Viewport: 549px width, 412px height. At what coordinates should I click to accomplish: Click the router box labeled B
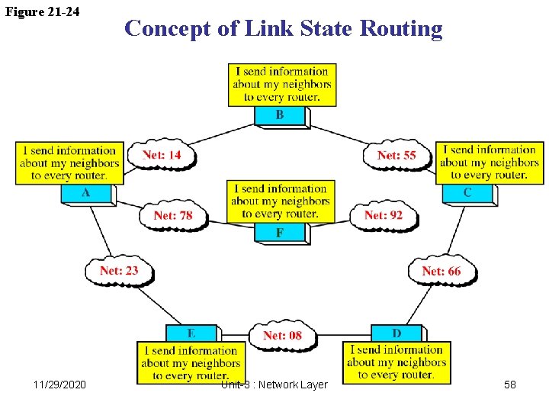pyautogui.click(x=280, y=116)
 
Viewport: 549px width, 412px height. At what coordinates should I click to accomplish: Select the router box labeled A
pyautogui.click(x=86, y=194)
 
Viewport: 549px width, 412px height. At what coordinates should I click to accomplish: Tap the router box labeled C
pyautogui.click(x=467, y=193)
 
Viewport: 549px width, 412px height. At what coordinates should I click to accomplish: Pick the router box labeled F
pyautogui.click(x=280, y=232)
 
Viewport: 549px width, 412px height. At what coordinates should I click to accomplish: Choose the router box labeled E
pyautogui.click(x=191, y=333)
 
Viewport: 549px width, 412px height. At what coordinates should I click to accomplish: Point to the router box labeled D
pyautogui.click(x=396, y=333)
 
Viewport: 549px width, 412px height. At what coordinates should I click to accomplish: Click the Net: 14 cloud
pyautogui.click(x=162, y=155)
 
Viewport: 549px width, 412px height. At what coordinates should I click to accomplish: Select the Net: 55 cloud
pyautogui.click(x=396, y=155)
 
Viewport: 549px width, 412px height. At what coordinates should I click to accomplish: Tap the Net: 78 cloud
pyautogui.click(x=173, y=215)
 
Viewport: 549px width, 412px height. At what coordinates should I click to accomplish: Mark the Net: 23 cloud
pyautogui.click(x=119, y=270)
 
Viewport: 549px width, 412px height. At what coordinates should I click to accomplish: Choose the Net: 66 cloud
pyautogui.click(x=441, y=271)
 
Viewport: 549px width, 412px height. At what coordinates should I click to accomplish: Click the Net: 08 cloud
pyautogui.click(x=282, y=335)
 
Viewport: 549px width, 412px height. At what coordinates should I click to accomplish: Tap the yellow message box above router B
pyautogui.click(x=280, y=85)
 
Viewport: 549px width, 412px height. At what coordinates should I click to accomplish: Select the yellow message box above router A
pyautogui.click(x=69, y=163)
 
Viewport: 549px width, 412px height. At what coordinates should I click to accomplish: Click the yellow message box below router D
pyautogui.click(x=396, y=362)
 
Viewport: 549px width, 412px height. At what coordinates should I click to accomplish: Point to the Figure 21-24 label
pyautogui.click(x=43, y=11)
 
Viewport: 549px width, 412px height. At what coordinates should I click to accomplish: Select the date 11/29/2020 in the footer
pyautogui.click(x=60, y=385)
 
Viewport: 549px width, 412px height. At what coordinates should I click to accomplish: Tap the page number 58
pyautogui.click(x=509, y=385)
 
